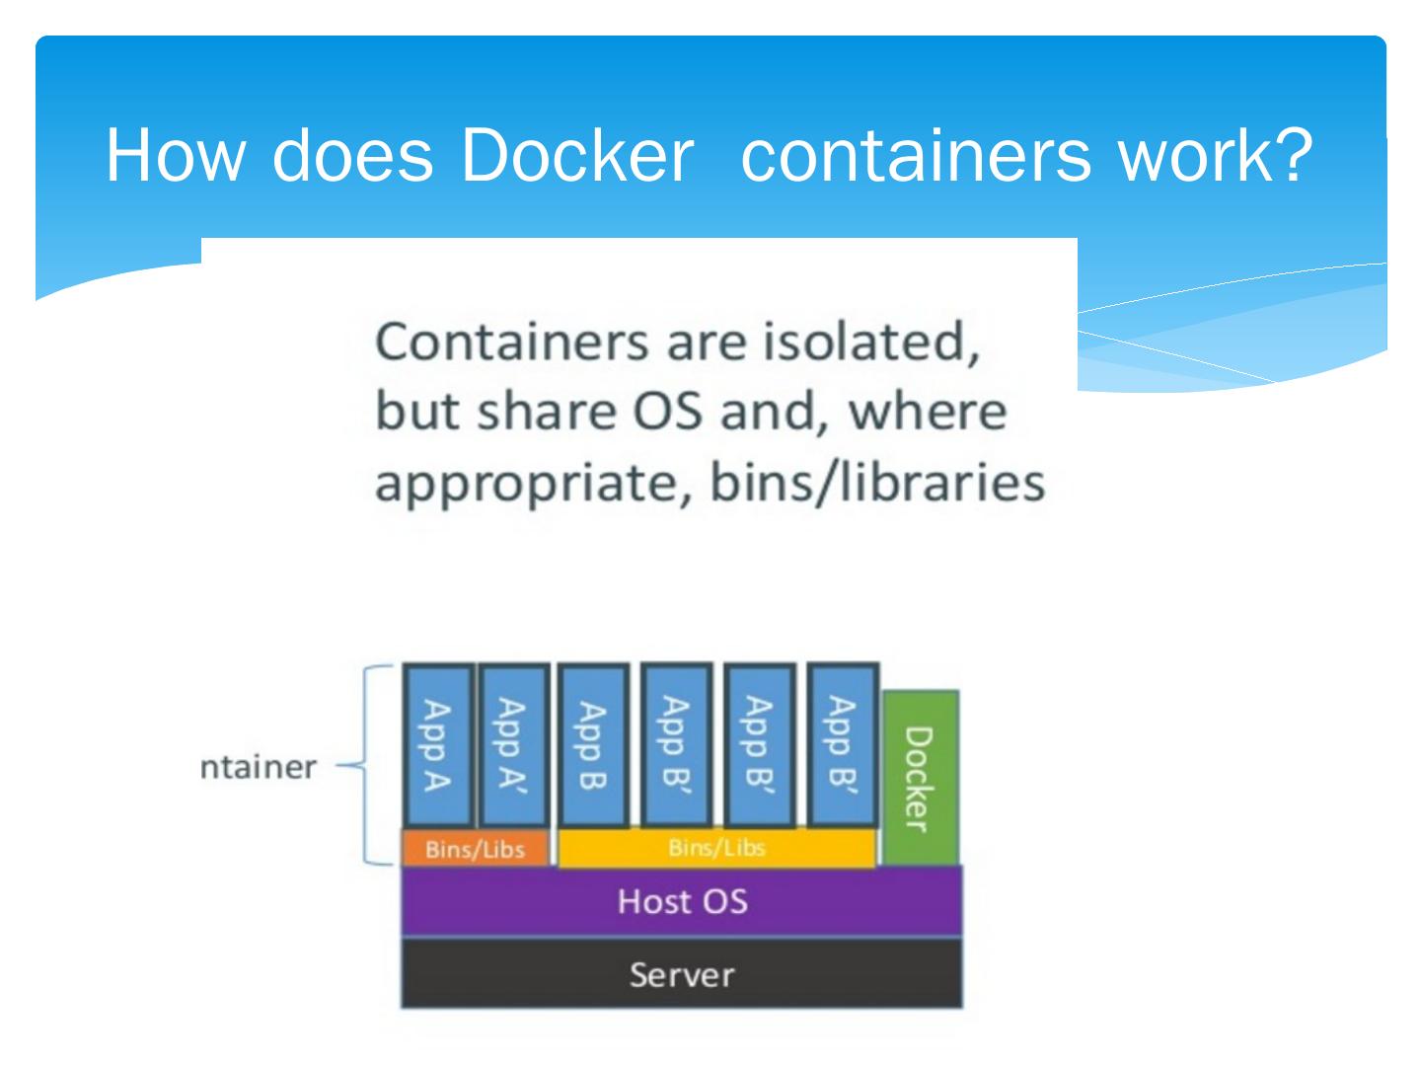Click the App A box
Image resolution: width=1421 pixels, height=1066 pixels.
pyautogui.click(x=437, y=745)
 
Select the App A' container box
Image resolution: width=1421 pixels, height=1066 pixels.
pyautogui.click(x=512, y=745)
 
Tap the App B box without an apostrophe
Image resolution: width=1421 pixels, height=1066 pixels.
pyautogui.click(x=592, y=745)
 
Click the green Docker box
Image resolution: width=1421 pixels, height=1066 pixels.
pyautogui.click(x=920, y=778)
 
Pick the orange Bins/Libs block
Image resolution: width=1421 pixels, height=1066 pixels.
pyautogui.click(x=475, y=849)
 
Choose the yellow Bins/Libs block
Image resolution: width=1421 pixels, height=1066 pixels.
pyautogui.click(x=716, y=848)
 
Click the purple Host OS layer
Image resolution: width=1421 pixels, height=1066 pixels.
pyautogui.click(x=682, y=900)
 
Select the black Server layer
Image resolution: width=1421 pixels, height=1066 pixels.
pyautogui.click(x=682, y=974)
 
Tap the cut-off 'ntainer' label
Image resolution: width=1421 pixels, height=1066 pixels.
pyautogui.click(x=259, y=767)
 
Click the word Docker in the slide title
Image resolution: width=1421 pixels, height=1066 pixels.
pyautogui.click(x=576, y=155)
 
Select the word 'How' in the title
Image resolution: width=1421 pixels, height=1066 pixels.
pyautogui.click(x=174, y=155)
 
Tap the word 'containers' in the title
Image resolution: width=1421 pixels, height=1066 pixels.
pyautogui.click(x=916, y=155)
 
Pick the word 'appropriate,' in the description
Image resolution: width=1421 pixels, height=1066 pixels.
pyautogui.click(x=533, y=484)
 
